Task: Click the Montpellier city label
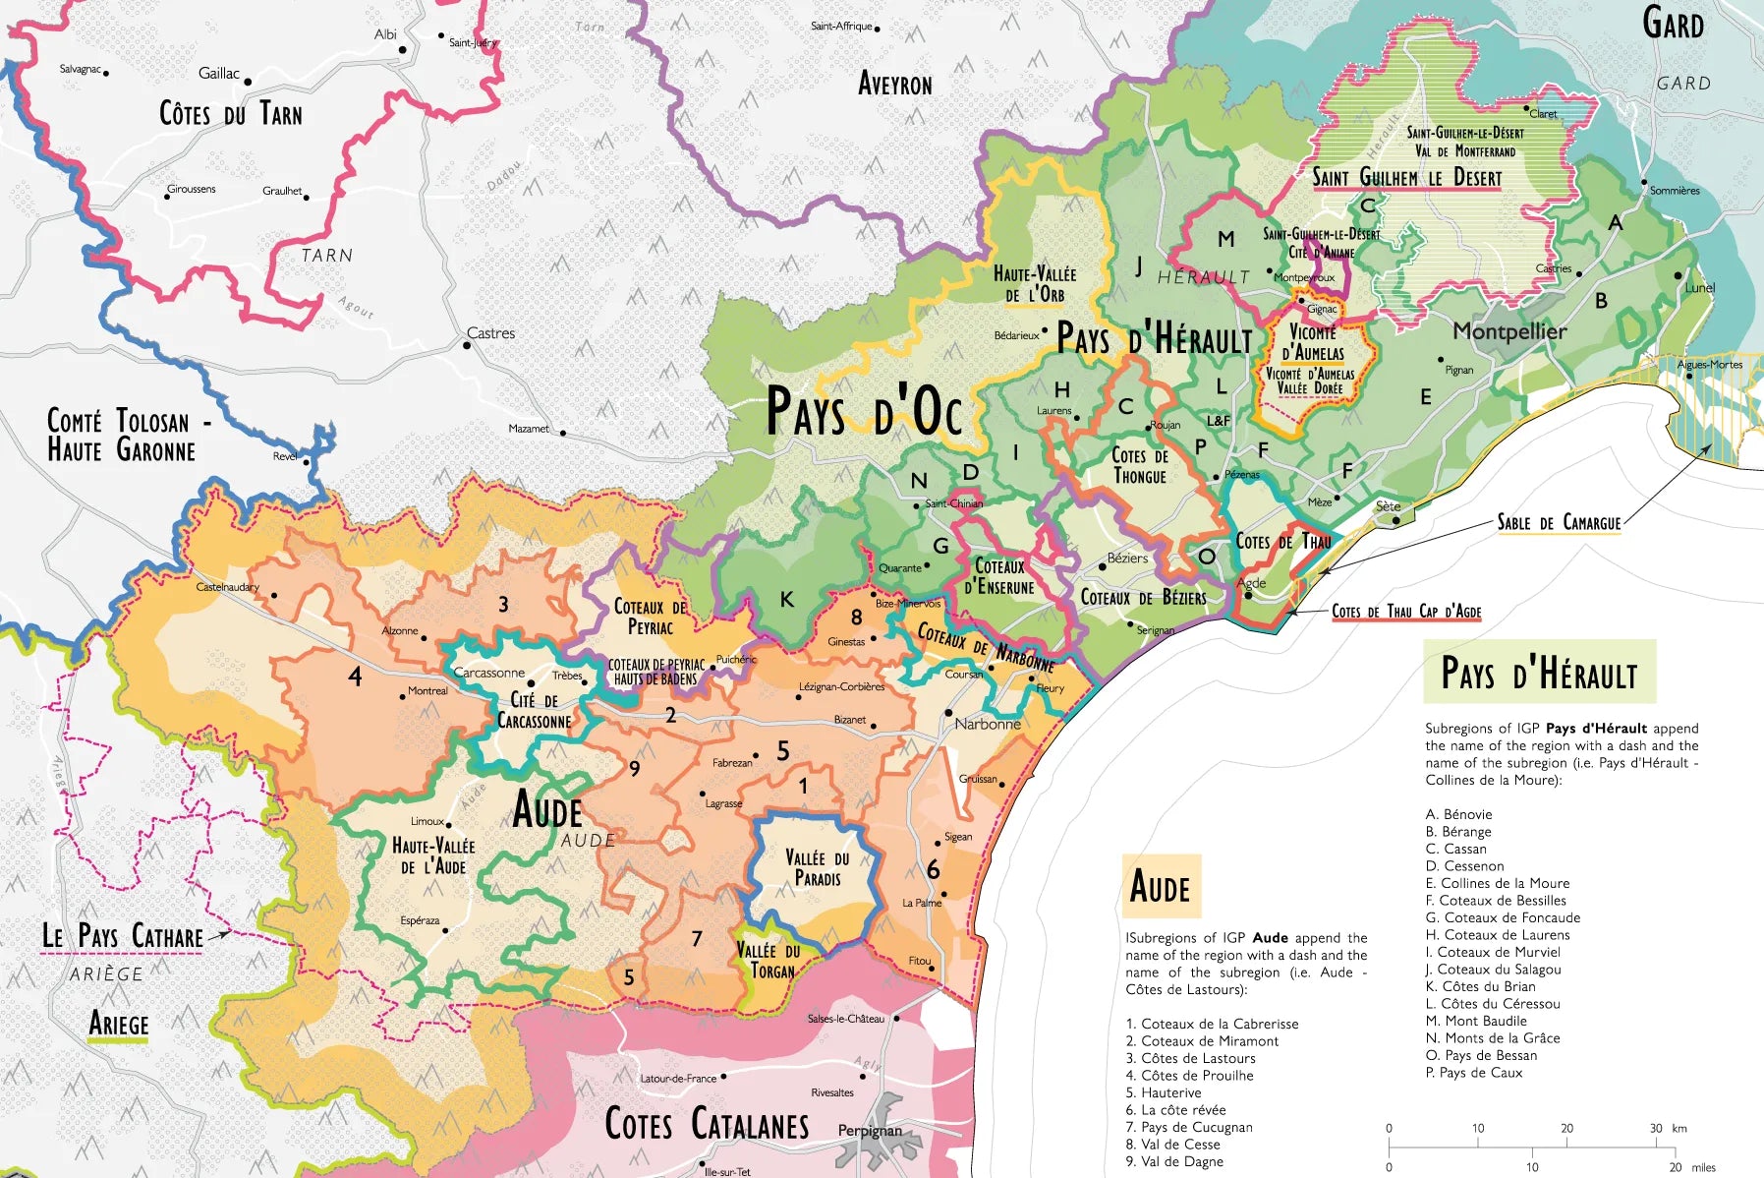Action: tap(1509, 331)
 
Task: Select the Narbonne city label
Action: tap(988, 724)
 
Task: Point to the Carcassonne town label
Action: tap(488, 673)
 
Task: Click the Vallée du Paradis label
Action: tap(817, 867)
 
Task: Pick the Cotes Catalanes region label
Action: tap(706, 1123)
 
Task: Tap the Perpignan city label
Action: tap(869, 1131)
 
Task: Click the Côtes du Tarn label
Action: tap(231, 114)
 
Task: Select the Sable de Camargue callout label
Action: tap(1559, 522)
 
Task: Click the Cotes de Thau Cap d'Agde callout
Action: tap(1406, 612)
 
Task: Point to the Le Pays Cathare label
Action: tap(123, 936)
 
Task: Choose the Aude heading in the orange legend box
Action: tap(1160, 887)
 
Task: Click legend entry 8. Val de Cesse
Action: tap(1173, 1145)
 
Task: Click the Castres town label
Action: tap(490, 333)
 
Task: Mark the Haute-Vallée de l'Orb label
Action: tap(1034, 284)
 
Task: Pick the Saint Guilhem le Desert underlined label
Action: tap(1406, 178)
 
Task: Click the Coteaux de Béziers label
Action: tap(1143, 598)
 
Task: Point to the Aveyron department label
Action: tap(894, 85)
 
